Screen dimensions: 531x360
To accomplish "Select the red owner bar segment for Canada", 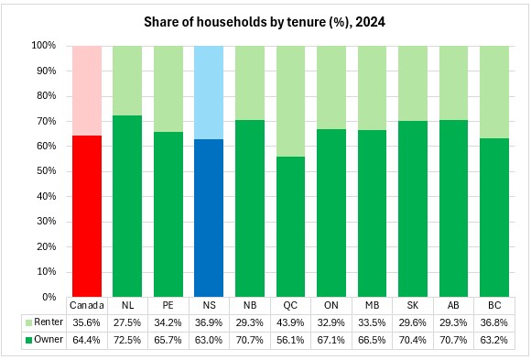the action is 87,216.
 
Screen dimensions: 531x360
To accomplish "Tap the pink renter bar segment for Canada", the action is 87,91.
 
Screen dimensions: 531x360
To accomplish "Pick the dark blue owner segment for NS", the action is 209,218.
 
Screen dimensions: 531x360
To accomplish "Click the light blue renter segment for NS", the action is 209,93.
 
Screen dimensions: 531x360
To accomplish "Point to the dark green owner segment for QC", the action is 290,227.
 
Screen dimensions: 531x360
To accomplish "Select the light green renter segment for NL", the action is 127,81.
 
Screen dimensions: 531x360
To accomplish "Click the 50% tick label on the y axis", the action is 47,171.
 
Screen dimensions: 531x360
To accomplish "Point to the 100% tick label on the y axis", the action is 44,46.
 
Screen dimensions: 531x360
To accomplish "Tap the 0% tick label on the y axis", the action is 49,297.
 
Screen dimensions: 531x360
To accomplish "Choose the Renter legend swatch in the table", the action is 28,322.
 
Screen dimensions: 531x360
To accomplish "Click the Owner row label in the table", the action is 49,339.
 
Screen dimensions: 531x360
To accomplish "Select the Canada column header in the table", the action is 87,305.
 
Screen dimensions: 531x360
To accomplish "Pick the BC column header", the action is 494,305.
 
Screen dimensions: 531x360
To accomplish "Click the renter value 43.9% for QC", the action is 290,322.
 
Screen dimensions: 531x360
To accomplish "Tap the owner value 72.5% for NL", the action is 127,340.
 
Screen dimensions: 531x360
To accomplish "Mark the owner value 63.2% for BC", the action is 494,340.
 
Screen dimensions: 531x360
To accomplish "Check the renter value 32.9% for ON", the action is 331,322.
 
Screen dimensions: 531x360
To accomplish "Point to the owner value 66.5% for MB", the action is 372,340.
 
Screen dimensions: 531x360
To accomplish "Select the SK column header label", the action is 413,305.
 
